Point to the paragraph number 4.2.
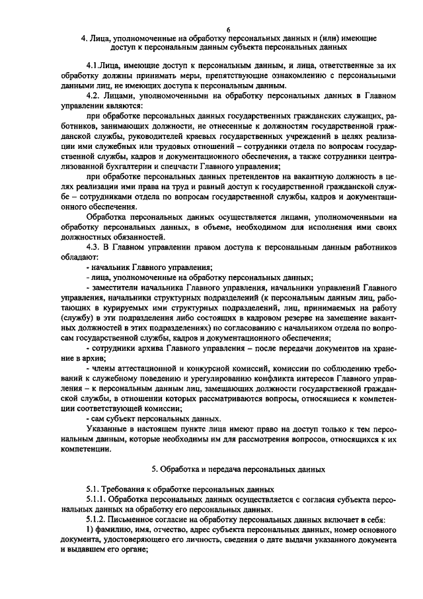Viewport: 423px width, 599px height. tap(95, 96)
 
